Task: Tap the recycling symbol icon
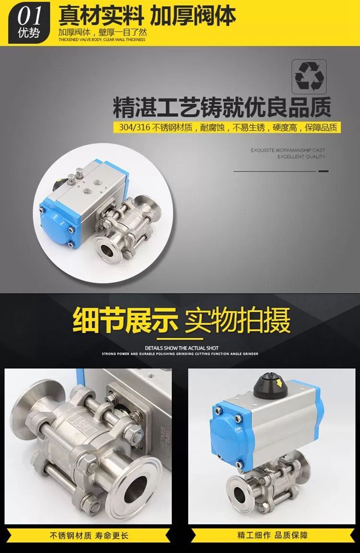coord(309,76)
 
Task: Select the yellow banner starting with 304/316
coord(228,127)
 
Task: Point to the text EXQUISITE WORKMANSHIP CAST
coord(288,150)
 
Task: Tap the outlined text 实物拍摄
coord(237,320)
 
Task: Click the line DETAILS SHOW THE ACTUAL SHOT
coord(182,348)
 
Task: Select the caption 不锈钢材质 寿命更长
coord(89,536)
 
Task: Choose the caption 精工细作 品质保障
coord(273,535)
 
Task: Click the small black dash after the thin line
coord(324,171)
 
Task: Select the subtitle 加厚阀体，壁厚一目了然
coord(102,33)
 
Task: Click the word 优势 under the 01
coord(29,33)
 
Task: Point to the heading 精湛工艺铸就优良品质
coord(222,107)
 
